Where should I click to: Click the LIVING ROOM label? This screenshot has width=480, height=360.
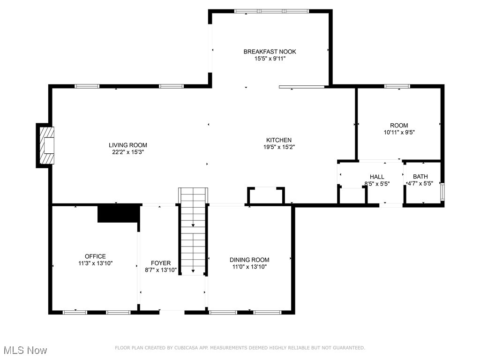[x=128, y=145]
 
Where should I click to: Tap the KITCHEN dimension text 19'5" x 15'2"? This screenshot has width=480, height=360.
[x=279, y=147]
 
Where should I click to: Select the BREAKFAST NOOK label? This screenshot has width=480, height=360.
[x=270, y=52]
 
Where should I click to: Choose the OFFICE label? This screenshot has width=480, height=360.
[x=95, y=256]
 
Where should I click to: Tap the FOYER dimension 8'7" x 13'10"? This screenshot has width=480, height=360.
[x=161, y=270]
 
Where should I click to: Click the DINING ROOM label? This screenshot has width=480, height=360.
[x=249, y=260]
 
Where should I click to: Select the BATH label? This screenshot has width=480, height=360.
[x=420, y=177]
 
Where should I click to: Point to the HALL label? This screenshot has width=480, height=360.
[x=377, y=177]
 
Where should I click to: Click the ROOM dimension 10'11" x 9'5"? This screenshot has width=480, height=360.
[x=399, y=132]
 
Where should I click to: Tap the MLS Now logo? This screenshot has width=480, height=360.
[x=25, y=350]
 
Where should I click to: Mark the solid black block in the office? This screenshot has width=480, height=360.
[x=119, y=213]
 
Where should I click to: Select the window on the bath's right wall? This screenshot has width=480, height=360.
[x=442, y=192]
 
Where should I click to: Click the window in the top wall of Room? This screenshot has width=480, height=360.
[x=397, y=86]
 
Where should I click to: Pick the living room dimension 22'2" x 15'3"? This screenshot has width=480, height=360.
[x=128, y=152]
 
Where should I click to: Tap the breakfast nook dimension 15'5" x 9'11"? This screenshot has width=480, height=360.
[x=270, y=59]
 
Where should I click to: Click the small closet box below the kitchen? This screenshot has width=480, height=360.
[x=266, y=195]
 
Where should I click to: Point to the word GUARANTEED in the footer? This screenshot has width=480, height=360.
[x=347, y=348]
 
